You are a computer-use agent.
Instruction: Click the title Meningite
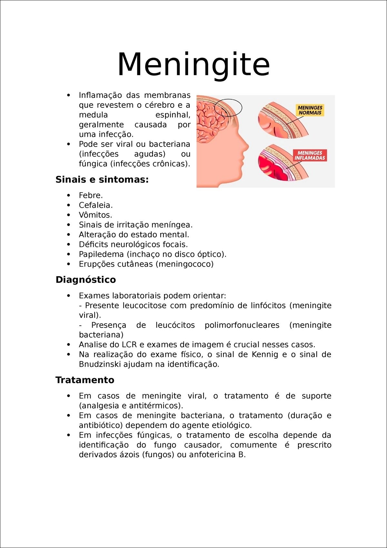coord(193,65)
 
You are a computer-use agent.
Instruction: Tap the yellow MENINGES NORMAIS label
coord(310,110)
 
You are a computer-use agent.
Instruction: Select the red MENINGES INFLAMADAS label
coord(310,155)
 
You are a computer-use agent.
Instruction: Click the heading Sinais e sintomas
coord(102,179)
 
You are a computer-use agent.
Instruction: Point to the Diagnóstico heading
coord(85,279)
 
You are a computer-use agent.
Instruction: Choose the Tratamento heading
coord(85,380)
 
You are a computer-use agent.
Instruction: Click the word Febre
coord(90,196)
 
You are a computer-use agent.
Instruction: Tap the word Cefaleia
coord(95,205)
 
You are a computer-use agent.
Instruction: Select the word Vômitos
coord(95,215)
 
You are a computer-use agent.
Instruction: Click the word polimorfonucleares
coord(242,325)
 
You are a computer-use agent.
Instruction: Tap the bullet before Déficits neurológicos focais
coord(68,245)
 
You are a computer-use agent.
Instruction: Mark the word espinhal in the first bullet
coord(173,115)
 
